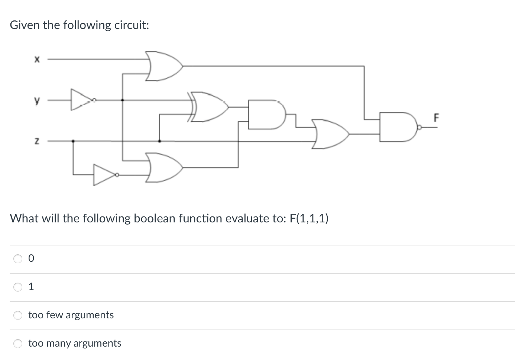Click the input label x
(36, 59)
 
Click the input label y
(36, 100)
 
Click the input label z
(36, 141)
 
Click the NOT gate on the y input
(81, 100)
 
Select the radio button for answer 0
(18, 259)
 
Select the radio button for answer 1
(18, 287)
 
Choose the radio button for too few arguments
(18, 315)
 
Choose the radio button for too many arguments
(18, 344)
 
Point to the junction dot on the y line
(123, 100)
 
